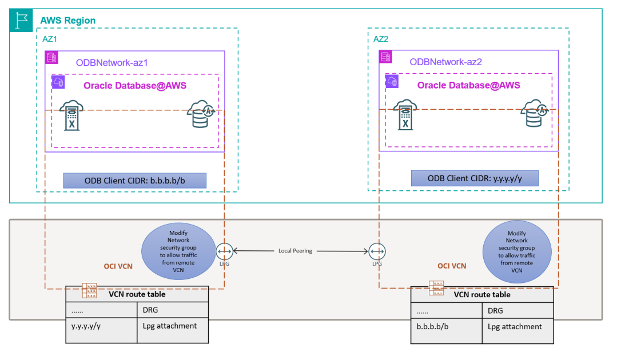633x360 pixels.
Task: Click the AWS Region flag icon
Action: click(22, 20)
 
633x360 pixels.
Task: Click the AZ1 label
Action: click(50, 39)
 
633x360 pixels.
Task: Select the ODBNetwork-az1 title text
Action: click(112, 63)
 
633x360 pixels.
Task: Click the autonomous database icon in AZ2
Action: click(535, 115)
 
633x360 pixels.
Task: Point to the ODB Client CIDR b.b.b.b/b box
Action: click(134, 181)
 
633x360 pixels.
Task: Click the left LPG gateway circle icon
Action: click(224, 251)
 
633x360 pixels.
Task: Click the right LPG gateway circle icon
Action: click(376, 251)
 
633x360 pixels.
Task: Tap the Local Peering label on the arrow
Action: click(295, 251)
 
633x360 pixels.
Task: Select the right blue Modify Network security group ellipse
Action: click(517, 251)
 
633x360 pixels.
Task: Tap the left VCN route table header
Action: click(137, 295)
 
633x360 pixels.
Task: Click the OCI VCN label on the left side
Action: click(118, 266)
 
